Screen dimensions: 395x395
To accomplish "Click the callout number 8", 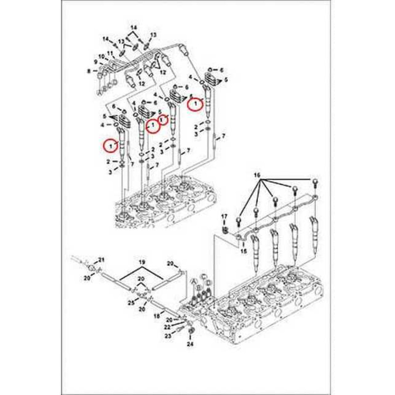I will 89,71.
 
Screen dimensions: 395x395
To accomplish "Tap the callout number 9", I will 96,62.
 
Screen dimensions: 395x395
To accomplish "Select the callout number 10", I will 102,56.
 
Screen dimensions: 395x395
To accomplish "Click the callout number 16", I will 257,174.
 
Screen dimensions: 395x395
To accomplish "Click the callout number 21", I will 101,260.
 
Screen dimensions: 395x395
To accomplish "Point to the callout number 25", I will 131,303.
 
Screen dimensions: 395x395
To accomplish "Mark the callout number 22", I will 167,327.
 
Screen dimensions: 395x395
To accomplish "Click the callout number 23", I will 167,336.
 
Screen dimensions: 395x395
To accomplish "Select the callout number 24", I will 191,344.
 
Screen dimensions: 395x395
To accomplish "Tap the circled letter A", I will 194,281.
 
